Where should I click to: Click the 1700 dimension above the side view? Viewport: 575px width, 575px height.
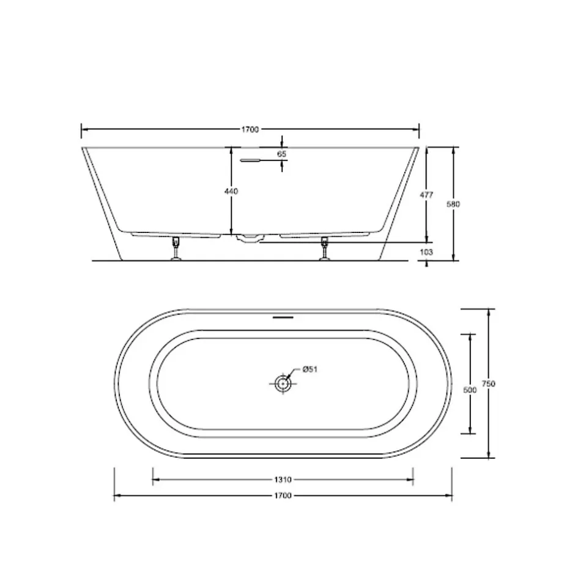pyautogui.click(x=250, y=129)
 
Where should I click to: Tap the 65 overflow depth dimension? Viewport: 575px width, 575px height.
pyautogui.click(x=281, y=154)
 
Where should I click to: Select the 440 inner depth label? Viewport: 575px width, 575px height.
pyautogui.click(x=231, y=191)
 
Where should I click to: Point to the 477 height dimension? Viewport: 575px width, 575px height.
pyautogui.click(x=426, y=195)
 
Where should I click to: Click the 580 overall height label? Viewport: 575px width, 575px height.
pyautogui.click(x=453, y=204)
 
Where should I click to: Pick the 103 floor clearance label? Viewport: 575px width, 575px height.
pyautogui.click(x=426, y=252)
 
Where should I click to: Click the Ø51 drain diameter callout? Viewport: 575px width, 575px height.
pyautogui.click(x=310, y=369)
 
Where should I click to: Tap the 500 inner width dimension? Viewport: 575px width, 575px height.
pyautogui.click(x=470, y=390)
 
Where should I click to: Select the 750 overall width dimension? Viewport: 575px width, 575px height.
pyautogui.click(x=489, y=384)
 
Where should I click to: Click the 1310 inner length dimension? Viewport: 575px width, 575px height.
pyautogui.click(x=283, y=480)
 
